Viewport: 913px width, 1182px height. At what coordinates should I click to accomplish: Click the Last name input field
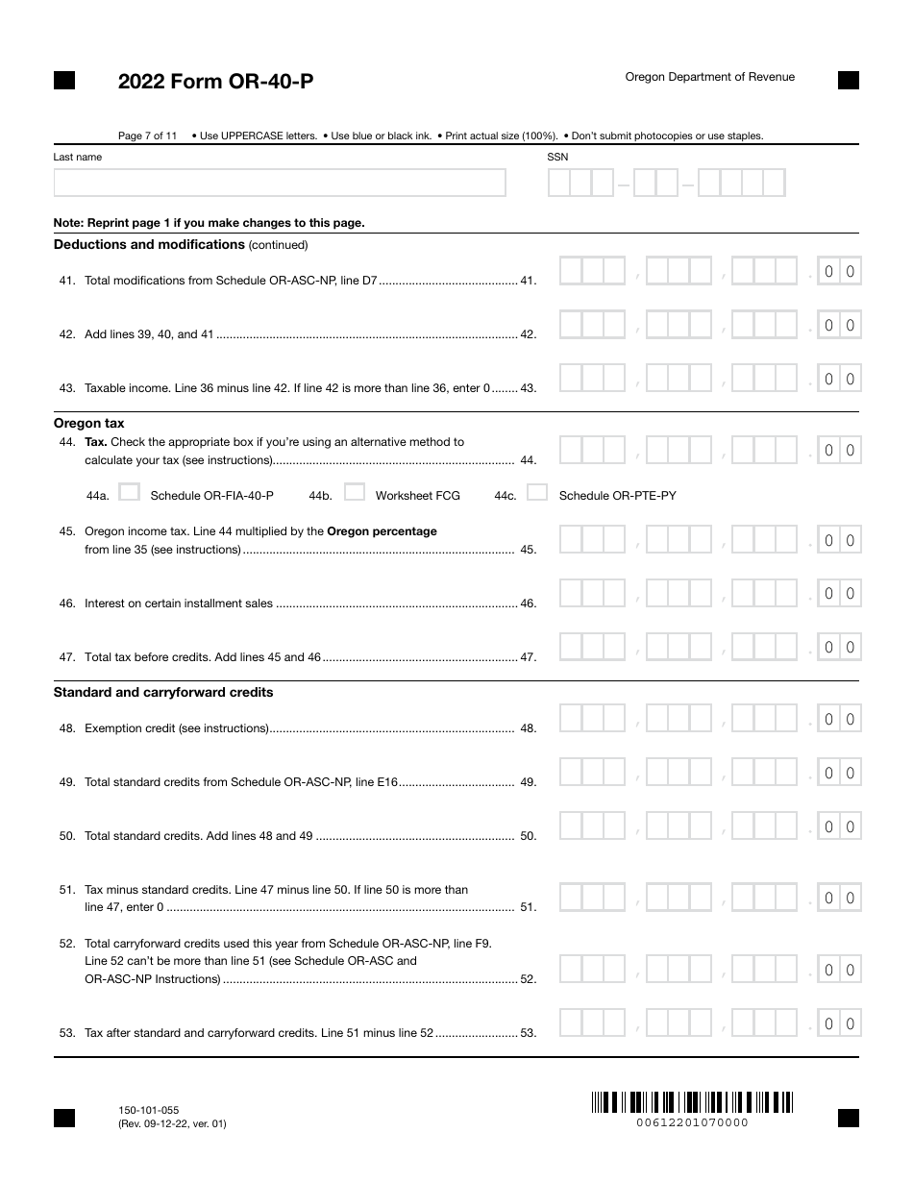click(280, 183)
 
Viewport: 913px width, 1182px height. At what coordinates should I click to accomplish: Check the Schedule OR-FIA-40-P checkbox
click(129, 493)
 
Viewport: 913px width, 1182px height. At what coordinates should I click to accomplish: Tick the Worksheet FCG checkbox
click(355, 493)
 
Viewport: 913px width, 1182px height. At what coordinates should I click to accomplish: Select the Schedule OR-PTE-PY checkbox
click(538, 493)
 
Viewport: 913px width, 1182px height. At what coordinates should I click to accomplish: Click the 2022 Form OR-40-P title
click(215, 83)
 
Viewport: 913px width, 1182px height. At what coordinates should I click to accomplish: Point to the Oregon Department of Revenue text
click(709, 77)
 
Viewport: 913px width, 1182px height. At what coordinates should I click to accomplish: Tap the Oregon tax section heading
click(88, 423)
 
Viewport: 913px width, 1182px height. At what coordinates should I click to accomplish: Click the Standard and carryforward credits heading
click(163, 692)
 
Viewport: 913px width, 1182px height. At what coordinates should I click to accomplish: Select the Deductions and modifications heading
click(149, 245)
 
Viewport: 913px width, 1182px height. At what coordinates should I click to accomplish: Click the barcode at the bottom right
click(692, 1102)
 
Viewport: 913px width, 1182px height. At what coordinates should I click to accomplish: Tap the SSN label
click(557, 157)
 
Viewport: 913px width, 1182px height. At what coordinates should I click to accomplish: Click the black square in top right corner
click(849, 81)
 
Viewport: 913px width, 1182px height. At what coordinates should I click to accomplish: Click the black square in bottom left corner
click(64, 1117)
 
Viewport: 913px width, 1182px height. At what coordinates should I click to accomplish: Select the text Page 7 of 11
click(147, 135)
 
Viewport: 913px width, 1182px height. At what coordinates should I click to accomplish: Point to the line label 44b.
click(320, 496)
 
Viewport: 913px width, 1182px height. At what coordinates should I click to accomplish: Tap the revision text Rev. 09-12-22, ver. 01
click(173, 1123)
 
